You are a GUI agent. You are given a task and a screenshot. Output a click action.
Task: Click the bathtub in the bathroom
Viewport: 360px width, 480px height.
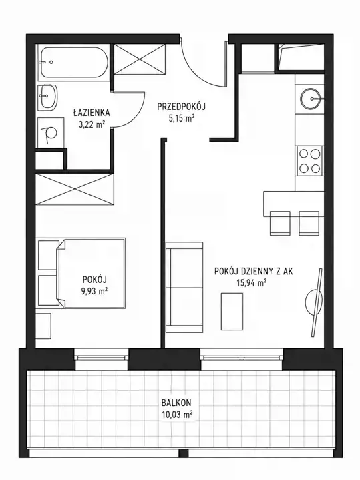click(73, 63)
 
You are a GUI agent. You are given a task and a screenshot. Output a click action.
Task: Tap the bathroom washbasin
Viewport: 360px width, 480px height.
click(48, 97)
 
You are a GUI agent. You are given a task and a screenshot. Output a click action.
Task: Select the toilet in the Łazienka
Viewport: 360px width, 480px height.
click(50, 133)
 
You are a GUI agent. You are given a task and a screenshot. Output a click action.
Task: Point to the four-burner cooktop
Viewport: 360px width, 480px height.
click(309, 160)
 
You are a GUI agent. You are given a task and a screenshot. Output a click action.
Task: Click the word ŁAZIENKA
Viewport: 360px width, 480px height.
click(92, 113)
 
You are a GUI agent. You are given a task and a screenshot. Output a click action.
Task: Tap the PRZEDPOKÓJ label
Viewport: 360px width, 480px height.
click(181, 107)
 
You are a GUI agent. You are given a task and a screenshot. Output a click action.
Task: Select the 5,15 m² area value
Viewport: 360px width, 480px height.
click(182, 118)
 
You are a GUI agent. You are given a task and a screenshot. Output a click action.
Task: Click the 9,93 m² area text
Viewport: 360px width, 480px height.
click(94, 291)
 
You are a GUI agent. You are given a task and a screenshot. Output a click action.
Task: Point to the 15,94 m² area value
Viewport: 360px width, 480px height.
click(251, 282)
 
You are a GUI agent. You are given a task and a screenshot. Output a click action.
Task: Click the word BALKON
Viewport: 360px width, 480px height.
click(176, 402)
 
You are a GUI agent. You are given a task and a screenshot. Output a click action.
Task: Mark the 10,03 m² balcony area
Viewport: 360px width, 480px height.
click(177, 415)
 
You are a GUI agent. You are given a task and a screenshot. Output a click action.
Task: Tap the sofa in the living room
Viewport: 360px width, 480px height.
click(184, 288)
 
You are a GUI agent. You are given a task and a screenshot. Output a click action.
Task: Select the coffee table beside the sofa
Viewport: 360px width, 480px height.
click(232, 312)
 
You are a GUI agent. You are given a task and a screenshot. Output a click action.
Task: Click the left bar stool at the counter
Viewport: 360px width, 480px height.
click(280, 223)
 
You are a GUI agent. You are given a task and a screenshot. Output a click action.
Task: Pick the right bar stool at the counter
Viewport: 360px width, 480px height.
click(309, 223)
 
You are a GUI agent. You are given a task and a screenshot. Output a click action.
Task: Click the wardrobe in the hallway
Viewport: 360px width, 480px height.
click(140, 59)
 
